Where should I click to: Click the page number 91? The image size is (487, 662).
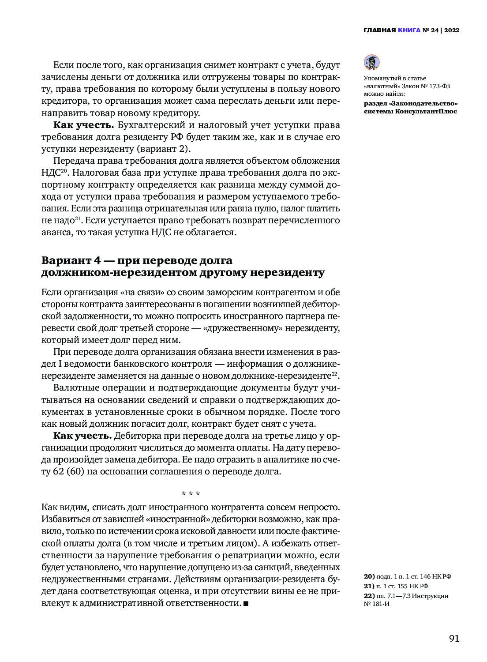click(454, 639)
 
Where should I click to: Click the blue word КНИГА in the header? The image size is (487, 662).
click(409, 30)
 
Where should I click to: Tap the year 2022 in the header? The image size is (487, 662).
click(452, 30)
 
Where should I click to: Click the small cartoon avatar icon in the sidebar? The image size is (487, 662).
click(371, 62)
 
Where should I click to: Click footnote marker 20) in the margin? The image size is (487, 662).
click(369, 576)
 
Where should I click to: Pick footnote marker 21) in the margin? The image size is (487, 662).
click(369, 586)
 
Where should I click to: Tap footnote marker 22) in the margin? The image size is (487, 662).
click(369, 596)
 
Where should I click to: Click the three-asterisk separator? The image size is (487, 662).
click(191, 493)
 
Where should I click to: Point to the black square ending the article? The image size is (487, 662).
click(246, 603)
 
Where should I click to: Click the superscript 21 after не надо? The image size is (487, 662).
click(78, 218)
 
